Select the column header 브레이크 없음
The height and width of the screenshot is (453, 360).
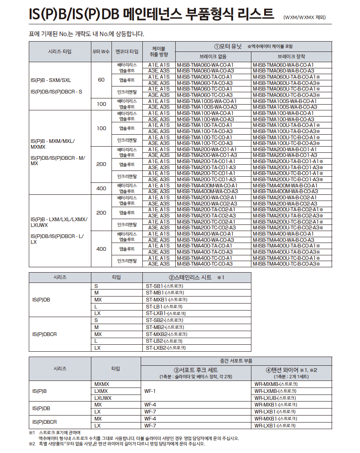click(x=214, y=57)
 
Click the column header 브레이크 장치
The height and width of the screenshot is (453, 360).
click(x=291, y=57)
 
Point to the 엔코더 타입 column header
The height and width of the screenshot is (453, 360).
click(x=127, y=51)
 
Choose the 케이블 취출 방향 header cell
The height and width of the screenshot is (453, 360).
click(x=159, y=51)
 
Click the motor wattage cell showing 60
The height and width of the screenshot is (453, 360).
click(x=101, y=80)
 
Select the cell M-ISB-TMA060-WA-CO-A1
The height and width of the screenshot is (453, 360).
click(x=205, y=65)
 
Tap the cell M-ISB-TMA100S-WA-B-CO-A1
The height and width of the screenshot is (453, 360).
click(x=285, y=101)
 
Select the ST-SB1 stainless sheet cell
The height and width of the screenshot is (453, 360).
click(x=165, y=286)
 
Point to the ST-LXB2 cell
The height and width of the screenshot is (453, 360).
click(x=166, y=348)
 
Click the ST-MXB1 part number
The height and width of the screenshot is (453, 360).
click(x=167, y=300)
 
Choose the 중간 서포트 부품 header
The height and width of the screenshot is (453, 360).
click(x=237, y=361)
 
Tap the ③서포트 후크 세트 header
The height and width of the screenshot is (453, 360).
click(x=195, y=370)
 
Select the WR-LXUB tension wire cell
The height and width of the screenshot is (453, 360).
click(x=275, y=398)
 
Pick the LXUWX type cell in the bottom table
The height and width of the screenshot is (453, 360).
click(x=103, y=398)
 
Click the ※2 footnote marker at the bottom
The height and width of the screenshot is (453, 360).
click(x=32, y=444)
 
